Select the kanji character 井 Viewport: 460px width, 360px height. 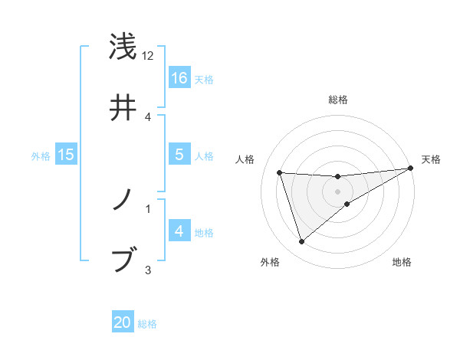click(123, 109)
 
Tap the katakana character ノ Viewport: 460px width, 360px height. click(123, 201)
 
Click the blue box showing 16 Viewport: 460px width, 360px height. click(179, 77)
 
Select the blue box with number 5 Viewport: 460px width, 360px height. click(179, 155)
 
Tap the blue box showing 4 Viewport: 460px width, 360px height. click(179, 231)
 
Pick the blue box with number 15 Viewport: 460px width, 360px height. click(66, 155)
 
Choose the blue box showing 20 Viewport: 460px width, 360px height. click(123, 322)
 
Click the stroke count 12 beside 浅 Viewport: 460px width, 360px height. click(148, 56)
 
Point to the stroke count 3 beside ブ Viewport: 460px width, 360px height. click(148, 269)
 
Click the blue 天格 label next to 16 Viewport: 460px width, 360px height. click(204, 79)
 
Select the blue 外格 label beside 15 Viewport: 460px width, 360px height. click(41, 155)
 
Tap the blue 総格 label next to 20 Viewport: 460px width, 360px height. click(147, 323)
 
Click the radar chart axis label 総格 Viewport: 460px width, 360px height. click(338, 100)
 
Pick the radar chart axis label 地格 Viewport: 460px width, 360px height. click(402, 262)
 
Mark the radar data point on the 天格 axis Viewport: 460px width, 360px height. click(411, 169)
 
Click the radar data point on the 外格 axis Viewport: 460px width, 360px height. click(301, 242)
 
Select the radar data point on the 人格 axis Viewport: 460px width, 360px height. click(280, 172)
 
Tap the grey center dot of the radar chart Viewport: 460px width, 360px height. click(338, 191)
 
